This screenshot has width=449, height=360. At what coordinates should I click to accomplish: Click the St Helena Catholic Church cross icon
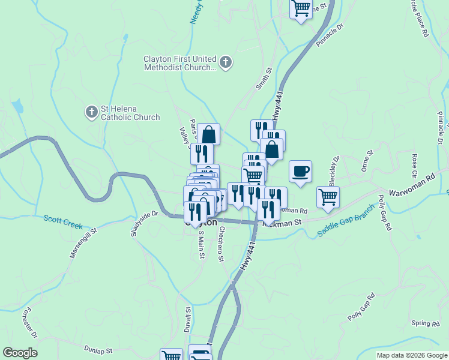click(91, 112)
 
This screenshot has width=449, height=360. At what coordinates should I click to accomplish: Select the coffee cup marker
click(300, 171)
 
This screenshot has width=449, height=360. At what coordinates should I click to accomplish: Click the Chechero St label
click(221, 244)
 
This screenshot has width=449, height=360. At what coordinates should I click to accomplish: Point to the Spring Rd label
click(426, 324)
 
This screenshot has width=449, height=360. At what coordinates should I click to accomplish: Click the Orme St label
click(367, 161)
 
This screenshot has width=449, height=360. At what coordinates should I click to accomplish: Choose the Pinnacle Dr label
click(331, 35)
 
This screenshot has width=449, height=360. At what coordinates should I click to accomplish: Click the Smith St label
click(264, 79)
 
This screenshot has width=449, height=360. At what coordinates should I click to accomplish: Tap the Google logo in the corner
click(20, 353)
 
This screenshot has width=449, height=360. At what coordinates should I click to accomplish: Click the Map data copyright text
click(412, 355)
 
